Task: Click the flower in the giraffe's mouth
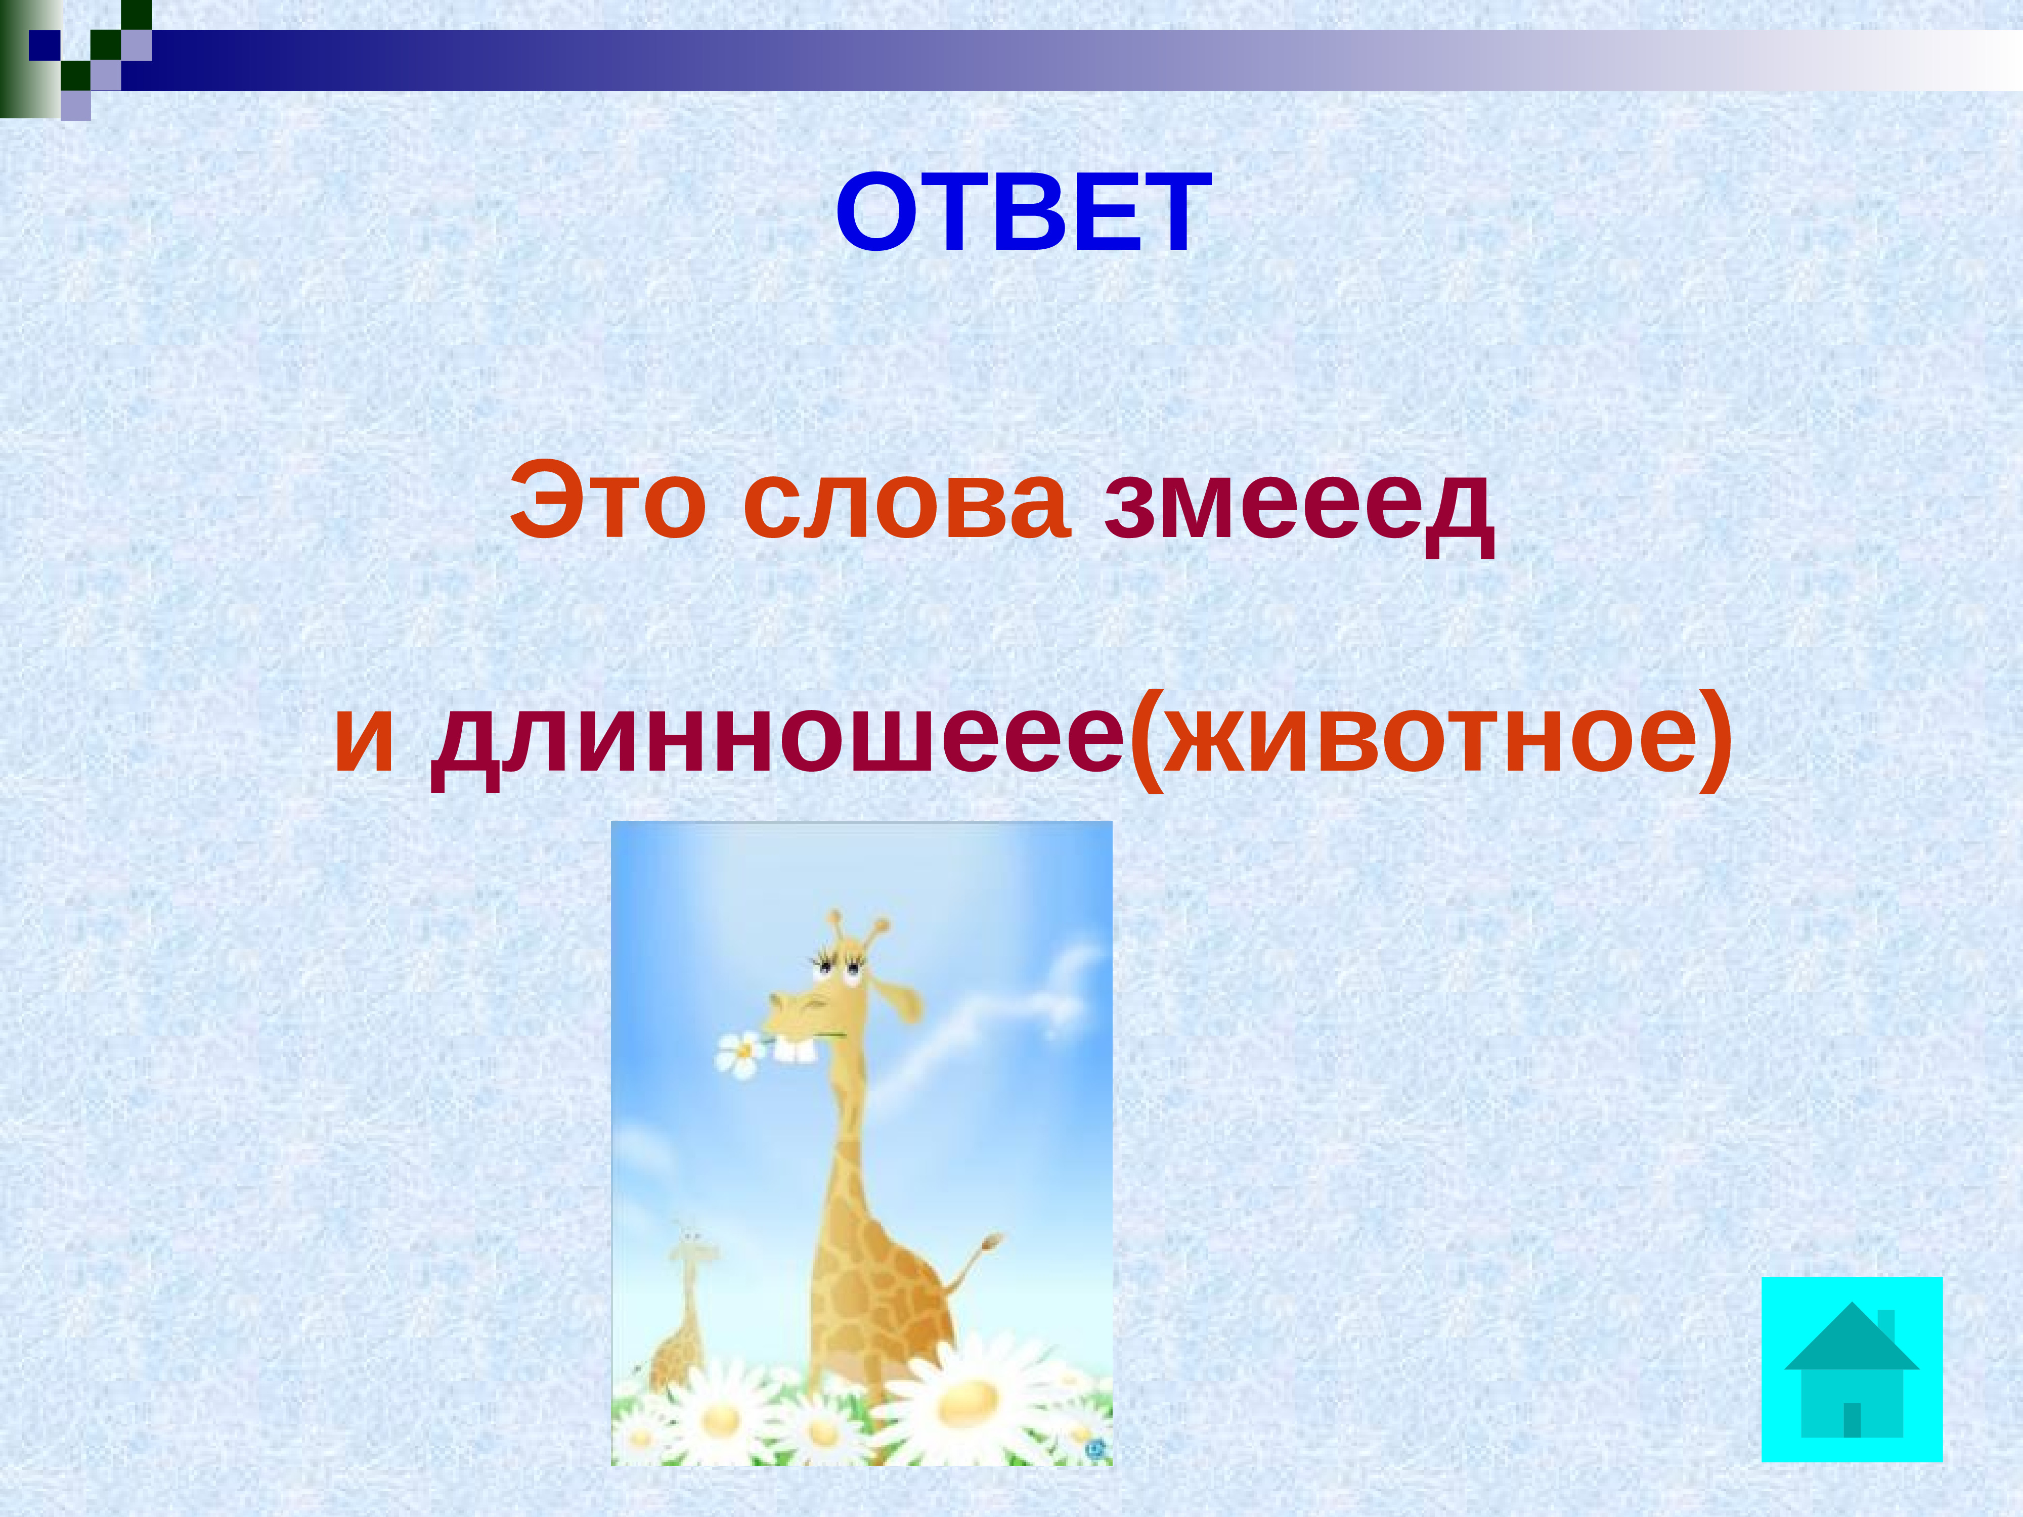[x=741, y=1053]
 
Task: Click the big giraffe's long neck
[x=842, y=1152]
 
